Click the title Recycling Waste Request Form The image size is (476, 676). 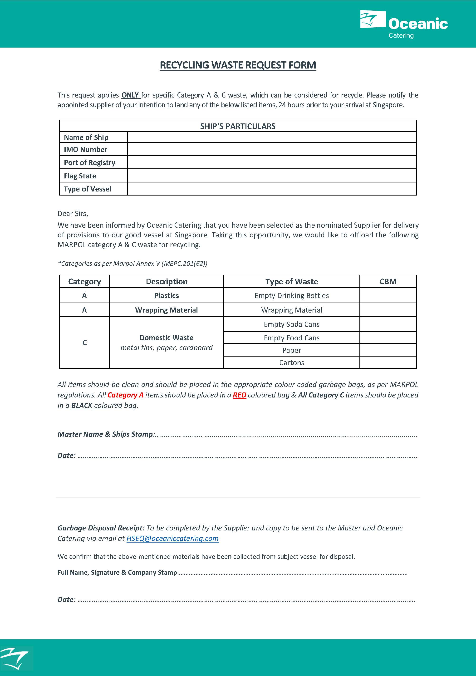point(238,65)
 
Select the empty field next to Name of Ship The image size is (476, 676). point(271,137)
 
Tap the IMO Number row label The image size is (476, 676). point(86,150)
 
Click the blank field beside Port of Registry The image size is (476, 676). point(271,162)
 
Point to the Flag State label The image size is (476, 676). point(80,176)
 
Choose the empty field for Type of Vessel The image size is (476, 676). point(271,189)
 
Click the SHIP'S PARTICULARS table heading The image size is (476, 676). point(238,126)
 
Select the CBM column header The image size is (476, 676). point(388,281)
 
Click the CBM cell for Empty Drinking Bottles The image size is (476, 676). point(388,295)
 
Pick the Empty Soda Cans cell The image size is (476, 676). point(291,324)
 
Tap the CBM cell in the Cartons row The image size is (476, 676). point(388,362)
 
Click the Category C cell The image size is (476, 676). point(84,343)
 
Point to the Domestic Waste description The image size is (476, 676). point(166,338)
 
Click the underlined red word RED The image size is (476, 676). point(239,395)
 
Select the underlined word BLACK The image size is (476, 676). point(82,405)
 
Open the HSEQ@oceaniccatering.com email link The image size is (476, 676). point(172,538)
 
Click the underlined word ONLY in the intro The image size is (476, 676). point(130,95)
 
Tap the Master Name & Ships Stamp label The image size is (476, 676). point(105,434)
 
